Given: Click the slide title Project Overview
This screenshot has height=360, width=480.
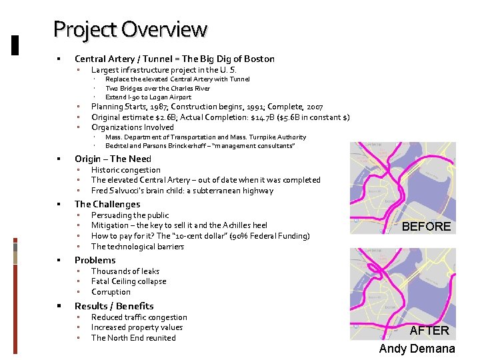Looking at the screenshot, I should point(130,29).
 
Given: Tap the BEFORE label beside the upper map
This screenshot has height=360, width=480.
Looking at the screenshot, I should point(426,227).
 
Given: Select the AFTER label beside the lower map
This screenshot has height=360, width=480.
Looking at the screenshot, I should point(429,331).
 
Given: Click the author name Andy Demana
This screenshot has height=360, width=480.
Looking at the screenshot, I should point(417,349).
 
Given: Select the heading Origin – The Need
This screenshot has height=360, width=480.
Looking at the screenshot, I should point(113,159).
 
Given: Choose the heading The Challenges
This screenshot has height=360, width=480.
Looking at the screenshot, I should point(107,204).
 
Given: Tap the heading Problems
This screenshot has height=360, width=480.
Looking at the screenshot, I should point(95,260).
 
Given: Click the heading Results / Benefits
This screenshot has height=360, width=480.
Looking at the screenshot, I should point(114,306).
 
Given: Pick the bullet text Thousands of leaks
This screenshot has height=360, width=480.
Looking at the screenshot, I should point(125,271).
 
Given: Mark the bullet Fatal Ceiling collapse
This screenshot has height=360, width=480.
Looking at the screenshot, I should point(129,281).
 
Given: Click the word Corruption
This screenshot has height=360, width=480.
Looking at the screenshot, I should point(111,292).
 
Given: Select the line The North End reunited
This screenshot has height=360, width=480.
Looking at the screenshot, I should point(133,338).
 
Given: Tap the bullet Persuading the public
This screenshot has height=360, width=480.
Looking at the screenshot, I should point(130,215).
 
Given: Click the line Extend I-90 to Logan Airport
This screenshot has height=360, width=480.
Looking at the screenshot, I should point(148,97).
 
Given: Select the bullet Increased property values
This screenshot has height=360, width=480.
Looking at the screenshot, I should point(137,327).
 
